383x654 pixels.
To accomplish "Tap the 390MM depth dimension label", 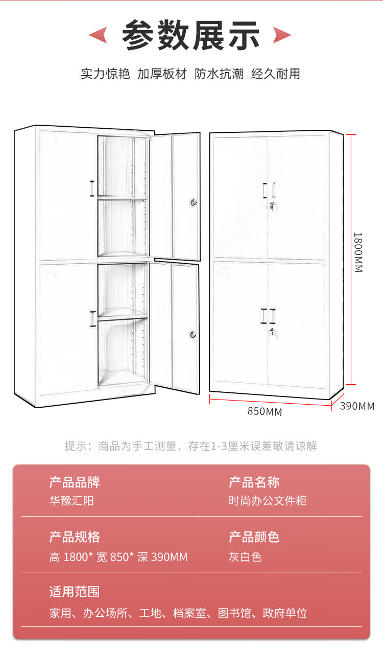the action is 357,406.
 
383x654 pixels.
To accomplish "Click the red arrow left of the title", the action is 98,35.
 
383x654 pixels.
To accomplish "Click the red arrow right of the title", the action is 282,35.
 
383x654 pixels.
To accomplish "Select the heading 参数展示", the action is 191,35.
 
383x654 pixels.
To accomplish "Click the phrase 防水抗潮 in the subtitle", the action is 219,74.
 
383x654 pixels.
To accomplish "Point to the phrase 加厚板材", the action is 162,74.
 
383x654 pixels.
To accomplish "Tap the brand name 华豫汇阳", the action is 71,501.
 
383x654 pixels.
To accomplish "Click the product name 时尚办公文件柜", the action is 268,501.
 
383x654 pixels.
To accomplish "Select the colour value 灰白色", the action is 245,556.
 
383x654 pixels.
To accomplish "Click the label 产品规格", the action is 75,537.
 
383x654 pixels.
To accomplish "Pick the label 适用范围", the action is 75,592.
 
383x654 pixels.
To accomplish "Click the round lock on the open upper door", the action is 193,202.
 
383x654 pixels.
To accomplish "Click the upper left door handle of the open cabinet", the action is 92,189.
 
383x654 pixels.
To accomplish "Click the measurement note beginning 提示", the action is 191,446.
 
